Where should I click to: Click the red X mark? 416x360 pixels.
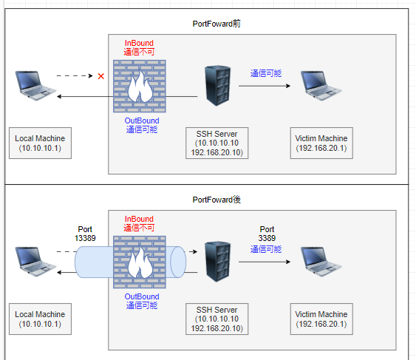pos(100,76)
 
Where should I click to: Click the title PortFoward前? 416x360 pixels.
pos(216,24)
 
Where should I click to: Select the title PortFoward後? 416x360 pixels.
pos(216,200)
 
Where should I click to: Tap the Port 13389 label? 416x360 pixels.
pos(85,234)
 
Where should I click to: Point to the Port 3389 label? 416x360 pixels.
pos(267,234)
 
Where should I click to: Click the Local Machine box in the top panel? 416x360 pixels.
pos(41,143)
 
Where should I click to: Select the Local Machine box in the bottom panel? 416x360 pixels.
pos(41,319)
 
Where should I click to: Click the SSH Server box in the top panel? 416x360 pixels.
pos(217,143)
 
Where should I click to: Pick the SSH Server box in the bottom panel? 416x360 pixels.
pos(217,319)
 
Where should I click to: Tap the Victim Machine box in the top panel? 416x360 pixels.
pos(321,143)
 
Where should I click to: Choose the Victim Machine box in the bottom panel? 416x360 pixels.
pos(321,319)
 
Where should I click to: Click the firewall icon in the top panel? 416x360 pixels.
pos(140,86)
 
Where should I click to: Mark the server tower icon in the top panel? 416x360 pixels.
pos(217,86)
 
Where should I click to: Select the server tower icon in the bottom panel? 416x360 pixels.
pos(217,262)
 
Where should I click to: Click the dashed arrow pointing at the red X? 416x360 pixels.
pos(75,76)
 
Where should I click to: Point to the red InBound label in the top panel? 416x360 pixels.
pos(139,47)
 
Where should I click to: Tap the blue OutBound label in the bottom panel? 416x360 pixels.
pos(142,301)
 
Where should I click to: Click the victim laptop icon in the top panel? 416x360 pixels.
pos(321,86)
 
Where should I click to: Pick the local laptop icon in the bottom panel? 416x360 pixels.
pos(35,262)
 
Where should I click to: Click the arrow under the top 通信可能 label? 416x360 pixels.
pos(265,86)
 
